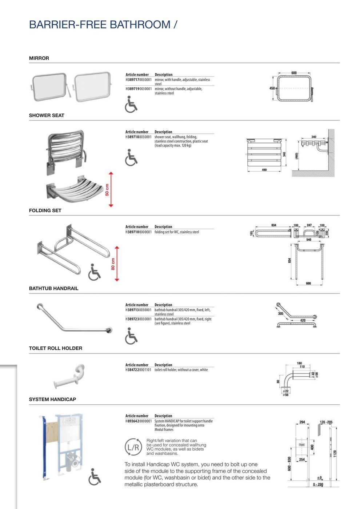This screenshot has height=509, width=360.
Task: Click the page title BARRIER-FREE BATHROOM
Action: (103, 25)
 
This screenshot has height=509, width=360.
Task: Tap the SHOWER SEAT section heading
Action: (47, 115)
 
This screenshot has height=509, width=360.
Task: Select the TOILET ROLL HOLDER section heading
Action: (56, 348)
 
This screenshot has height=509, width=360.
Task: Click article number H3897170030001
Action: (139, 80)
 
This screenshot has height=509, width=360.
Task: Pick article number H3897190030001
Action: (139, 89)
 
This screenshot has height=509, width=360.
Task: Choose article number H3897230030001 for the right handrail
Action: (138, 319)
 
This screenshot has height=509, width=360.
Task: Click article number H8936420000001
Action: (139, 421)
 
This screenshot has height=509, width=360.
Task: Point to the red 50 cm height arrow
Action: (111, 189)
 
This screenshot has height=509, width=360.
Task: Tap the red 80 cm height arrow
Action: (116, 264)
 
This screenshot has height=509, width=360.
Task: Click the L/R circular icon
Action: (133, 447)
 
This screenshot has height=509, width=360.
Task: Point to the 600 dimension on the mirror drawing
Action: (294, 73)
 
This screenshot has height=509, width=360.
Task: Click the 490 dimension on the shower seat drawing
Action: (264, 170)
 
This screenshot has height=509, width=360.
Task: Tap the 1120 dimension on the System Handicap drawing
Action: (335, 454)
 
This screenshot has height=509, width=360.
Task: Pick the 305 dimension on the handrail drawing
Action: (281, 313)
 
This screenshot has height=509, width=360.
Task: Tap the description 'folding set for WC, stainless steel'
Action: (177, 232)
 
